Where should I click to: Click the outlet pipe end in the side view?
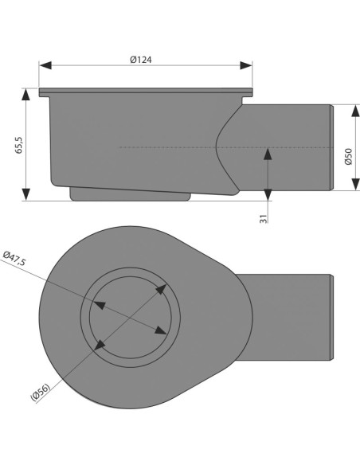pyautogui.click(x=330, y=147)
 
